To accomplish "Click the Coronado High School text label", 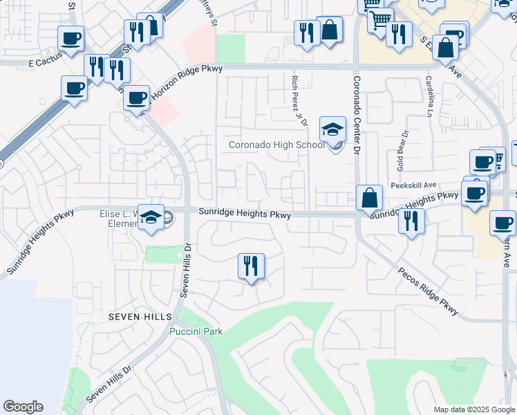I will coord(276,145).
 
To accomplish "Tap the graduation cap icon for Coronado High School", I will coord(332,130).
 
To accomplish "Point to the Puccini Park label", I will coord(196,331).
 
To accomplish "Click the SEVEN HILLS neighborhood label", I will coord(139,315).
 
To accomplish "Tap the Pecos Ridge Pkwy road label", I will coord(429,290).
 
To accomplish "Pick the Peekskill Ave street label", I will coord(413,185).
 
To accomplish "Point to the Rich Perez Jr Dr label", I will coord(299,101).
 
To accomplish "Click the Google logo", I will coord(23,407).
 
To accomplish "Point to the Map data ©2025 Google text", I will coord(473,409).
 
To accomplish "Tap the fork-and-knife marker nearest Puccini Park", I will coord(251,266).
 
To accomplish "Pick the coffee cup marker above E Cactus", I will coord(70,39).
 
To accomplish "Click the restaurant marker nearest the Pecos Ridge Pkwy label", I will coord(411,221).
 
